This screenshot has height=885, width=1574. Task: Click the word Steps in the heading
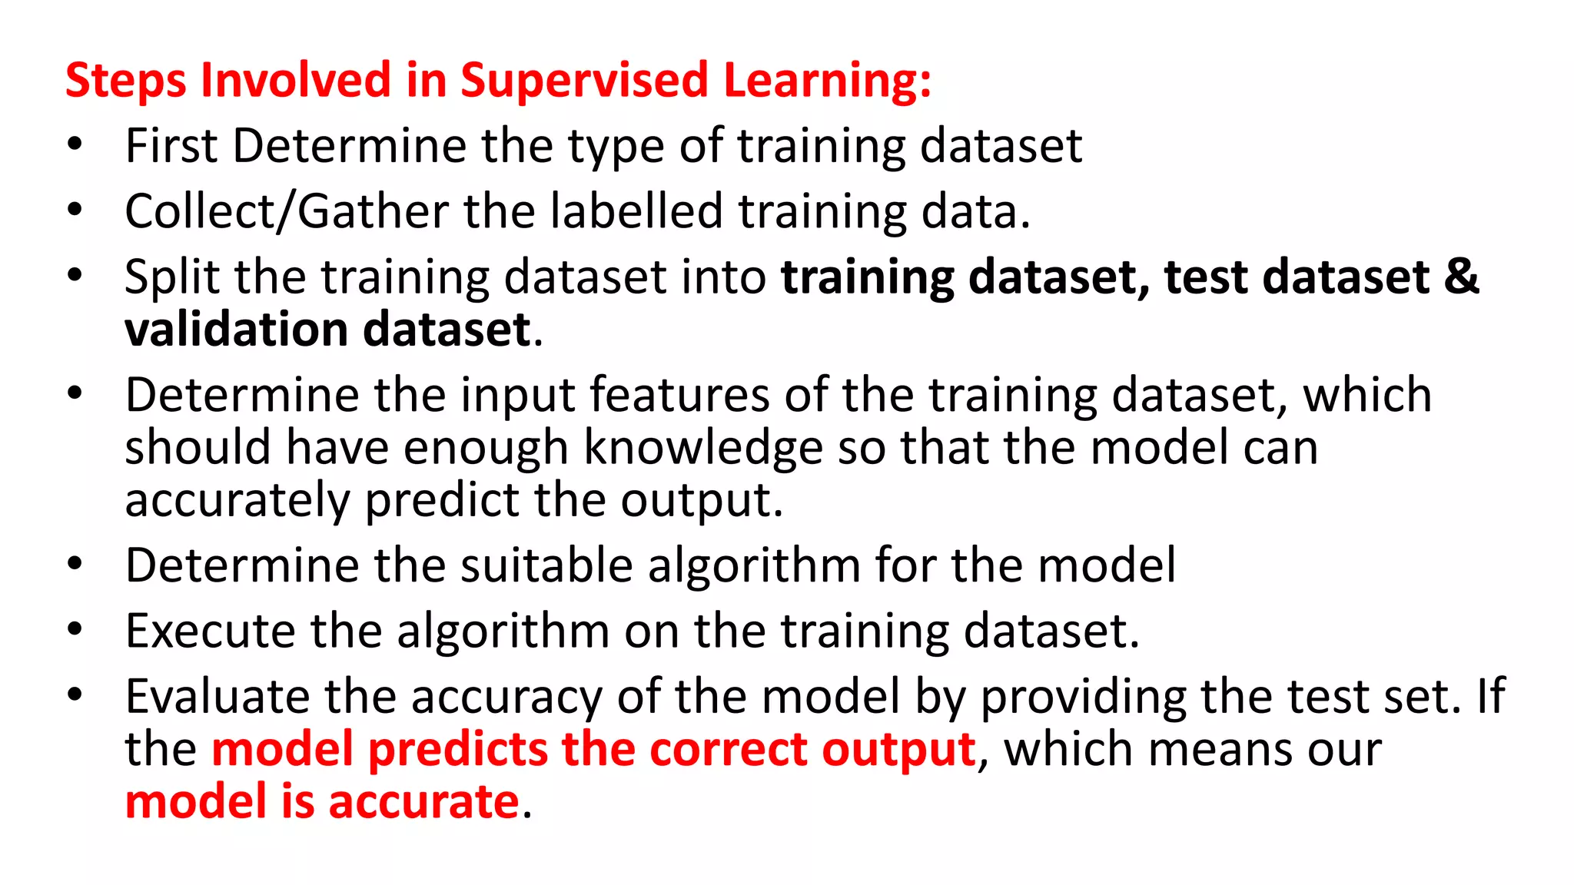click(x=125, y=80)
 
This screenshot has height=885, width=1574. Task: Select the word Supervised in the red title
click(x=583, y=80)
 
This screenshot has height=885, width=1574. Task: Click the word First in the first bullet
click(x=171, y=145)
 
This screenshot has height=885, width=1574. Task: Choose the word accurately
click(x=237, y=500)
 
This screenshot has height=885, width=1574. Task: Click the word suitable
click(x=546, y=565)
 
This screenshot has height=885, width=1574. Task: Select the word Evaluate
click(x=217, y=697)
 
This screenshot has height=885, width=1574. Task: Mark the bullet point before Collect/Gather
click(x=75, y=210)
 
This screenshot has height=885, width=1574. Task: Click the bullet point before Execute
click(x=75, y=629)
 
